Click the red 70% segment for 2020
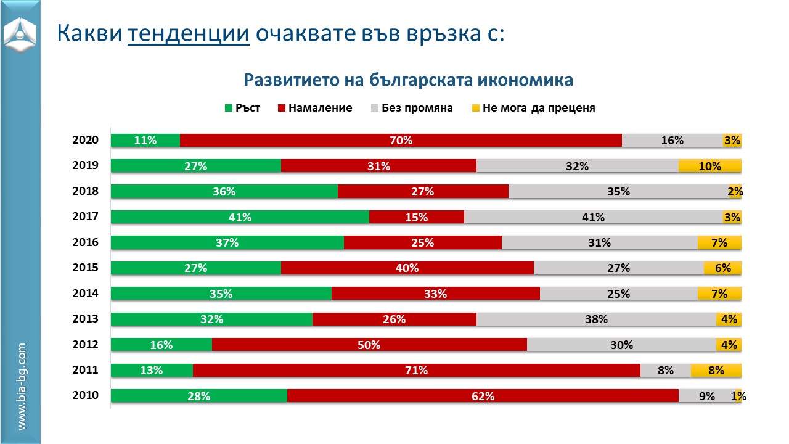point(401,141)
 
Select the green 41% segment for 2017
point(240,217)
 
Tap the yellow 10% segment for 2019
point(709,166)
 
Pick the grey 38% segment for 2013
point(596,319)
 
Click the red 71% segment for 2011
point(417,371)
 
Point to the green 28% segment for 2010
point(199,396)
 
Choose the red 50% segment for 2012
point(369,345)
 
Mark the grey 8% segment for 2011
point(666,371)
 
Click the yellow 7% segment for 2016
point(719,243)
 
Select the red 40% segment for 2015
point(407,268)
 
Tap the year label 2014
point(85,294)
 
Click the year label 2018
point(85,191)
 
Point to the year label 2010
point(85,395)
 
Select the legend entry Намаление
point(315,108)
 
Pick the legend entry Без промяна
point(411,108)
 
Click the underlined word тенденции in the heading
point(189,33)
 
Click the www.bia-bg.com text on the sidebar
point(22,387)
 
